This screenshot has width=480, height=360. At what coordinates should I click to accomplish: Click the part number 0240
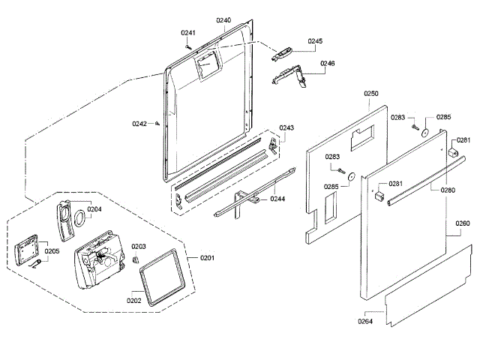click(223, 19)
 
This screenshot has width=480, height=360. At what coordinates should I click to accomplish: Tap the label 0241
click(187, 32)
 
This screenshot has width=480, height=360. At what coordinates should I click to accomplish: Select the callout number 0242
click(139, 124)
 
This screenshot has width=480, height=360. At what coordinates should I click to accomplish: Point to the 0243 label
click(286, 128)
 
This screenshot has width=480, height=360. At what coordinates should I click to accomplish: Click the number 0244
click(277, 199)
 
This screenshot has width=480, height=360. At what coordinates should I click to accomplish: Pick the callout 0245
click(315, 40)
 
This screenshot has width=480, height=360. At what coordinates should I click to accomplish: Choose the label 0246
click(328, 64)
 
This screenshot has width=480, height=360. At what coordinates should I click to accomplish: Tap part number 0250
click(372, 93)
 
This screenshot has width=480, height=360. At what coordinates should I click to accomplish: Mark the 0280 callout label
click(448, 190)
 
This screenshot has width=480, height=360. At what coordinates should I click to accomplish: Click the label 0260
click(463, 223)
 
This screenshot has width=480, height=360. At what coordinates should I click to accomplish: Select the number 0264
click(365, 322)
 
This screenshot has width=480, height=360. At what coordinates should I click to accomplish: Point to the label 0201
click(207, 258)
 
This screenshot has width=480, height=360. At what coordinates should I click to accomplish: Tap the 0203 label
click(139, 246)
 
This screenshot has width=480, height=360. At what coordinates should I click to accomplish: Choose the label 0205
click(52, 251)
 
